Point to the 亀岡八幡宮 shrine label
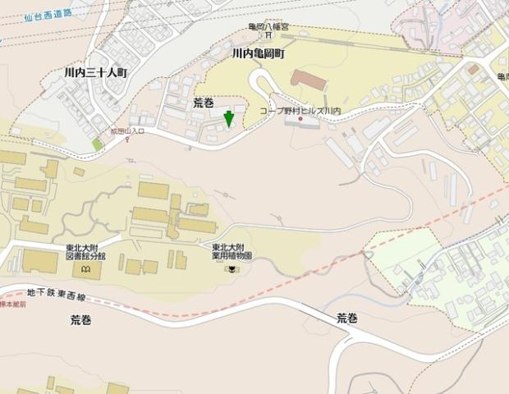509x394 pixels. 269,26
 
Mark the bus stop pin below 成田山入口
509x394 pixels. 127,140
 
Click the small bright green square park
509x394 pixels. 98,144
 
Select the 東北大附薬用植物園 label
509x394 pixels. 232,251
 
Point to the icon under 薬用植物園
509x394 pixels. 232,268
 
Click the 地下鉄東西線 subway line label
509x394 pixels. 55,292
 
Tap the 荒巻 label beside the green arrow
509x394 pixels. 203,103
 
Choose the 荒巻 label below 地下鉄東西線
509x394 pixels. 81,320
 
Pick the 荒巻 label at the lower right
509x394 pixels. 347,318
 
